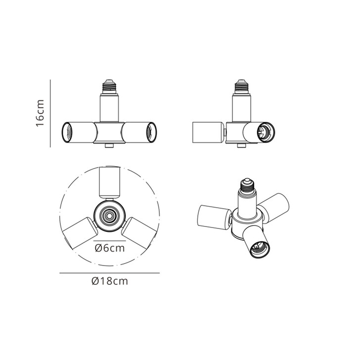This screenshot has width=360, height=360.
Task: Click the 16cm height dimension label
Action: pyautogui.click(x=40, y=113)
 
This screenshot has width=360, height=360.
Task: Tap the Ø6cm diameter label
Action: pyautogui.click(x=110, y=248)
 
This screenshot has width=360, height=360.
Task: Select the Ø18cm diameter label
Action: pyautogui.click(x=110, y=281)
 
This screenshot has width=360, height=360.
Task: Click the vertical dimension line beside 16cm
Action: pyautogui.click(x=50, y=113)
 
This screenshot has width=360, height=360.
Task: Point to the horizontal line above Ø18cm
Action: pyautogui.click(x=109, y=273)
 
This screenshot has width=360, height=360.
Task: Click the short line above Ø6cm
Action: pyautogui.click(x=109, y=241)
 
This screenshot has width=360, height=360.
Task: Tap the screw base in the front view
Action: pyautogui.click(x=109, y=87)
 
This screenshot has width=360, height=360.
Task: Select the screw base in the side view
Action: pyautogui.click(x=241, y=87)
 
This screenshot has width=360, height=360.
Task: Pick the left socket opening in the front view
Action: pyautogui.click(x=67, y=133)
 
